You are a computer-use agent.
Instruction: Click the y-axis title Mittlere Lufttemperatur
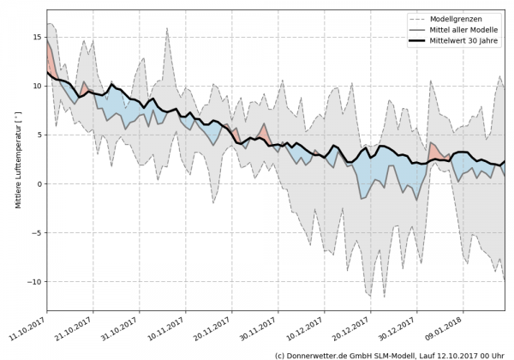click(17, 163)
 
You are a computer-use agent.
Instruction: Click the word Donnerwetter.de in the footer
click(322, 354)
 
